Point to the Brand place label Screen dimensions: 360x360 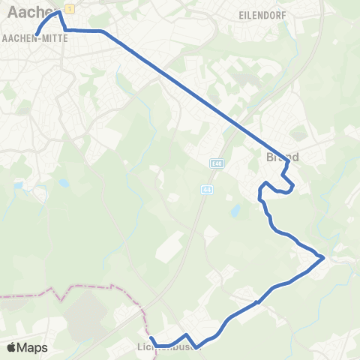click(283, 157)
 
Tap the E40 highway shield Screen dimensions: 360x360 click(217, 163)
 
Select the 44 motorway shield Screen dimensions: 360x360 click(205, 190)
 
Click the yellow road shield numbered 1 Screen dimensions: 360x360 click(68, 7)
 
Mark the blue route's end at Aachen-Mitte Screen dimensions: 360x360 click(36, 33)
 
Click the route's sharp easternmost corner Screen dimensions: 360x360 click(323, 258)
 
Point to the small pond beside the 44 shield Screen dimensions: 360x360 click(235, 212)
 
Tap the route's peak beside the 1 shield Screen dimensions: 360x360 click(59, 13)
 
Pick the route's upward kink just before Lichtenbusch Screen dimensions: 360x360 click(185, 334)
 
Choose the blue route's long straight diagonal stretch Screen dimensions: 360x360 click(195, 94)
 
